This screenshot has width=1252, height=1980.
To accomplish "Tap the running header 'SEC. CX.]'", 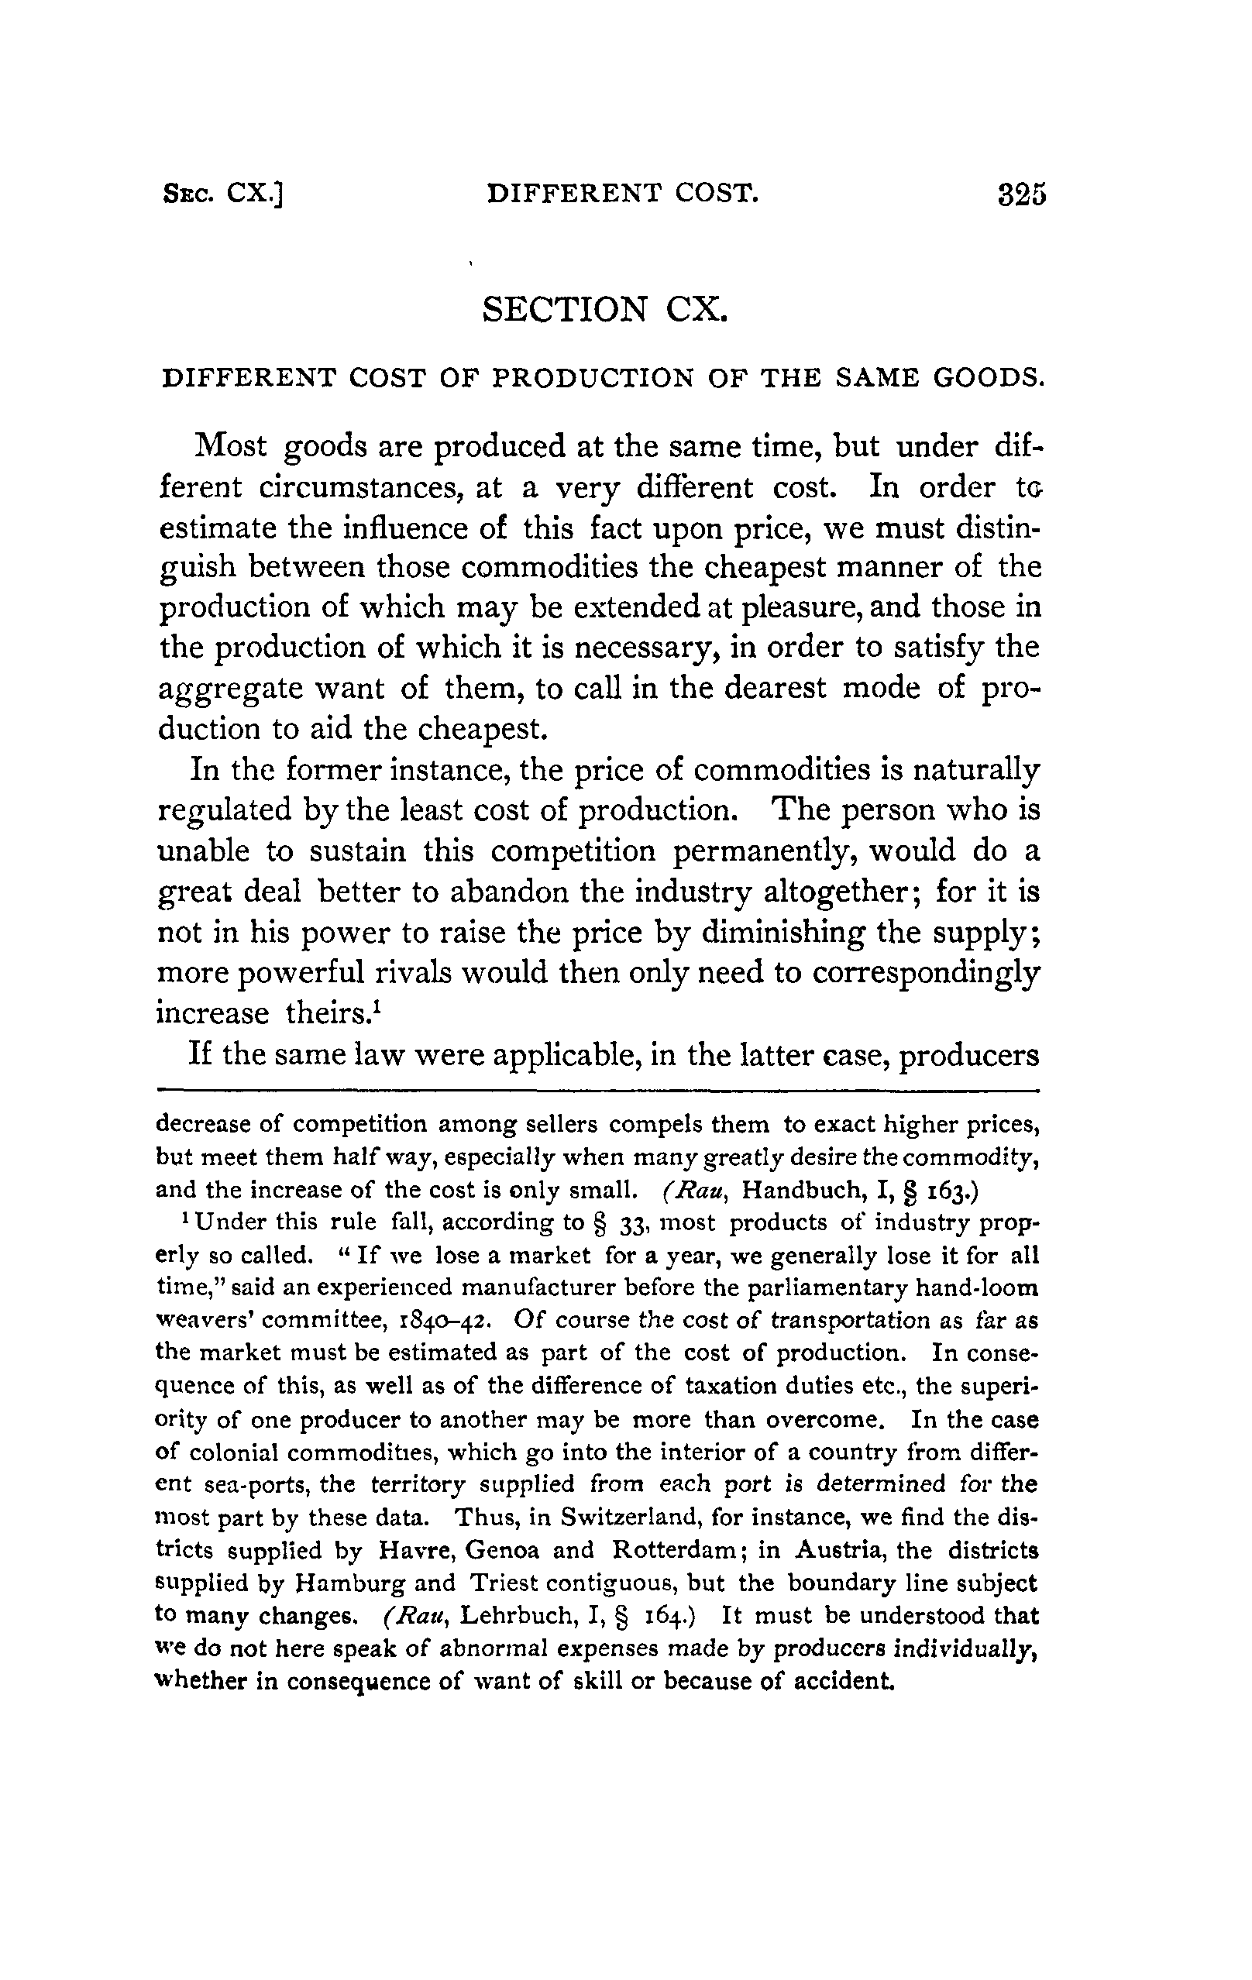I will click(223, 194).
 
